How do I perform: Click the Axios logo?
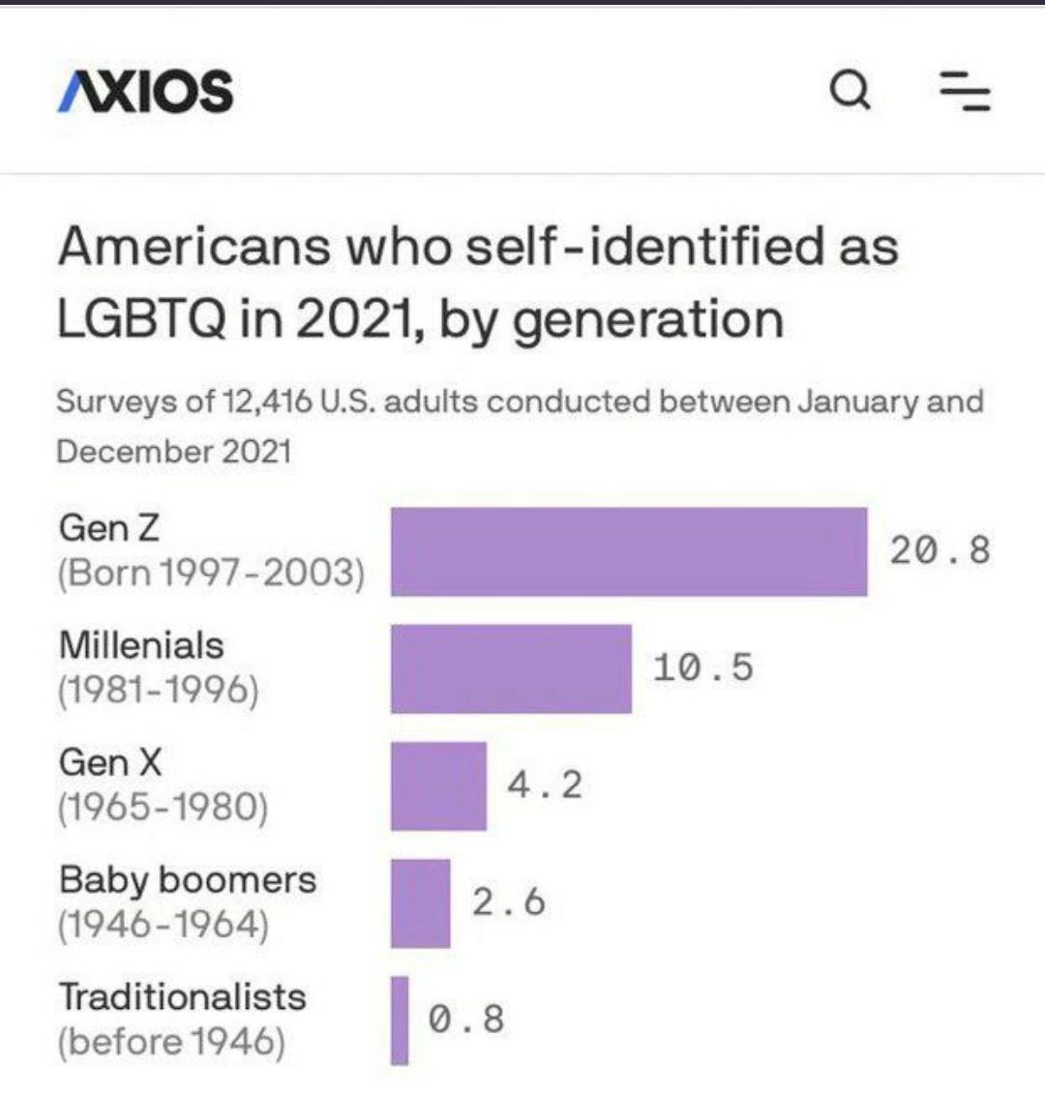(145, 91)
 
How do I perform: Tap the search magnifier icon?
(851, 92)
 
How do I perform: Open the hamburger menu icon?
(966, 92)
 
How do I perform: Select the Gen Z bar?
(629, 551)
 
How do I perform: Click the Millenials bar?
(511, 668)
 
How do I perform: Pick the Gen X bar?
(438, 785)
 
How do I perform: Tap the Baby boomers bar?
(420, 903)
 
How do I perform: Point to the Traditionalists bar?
(400, 1020)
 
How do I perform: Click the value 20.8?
(940, 550)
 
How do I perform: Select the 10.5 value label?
(702, 667)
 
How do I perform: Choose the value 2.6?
(509, 902)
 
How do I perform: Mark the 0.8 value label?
(466, 1019)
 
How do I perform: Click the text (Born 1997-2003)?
(211, 573)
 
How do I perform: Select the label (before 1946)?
(172, 1042)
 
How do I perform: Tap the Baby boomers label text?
(188, 880)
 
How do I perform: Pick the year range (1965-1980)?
(163, 807)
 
